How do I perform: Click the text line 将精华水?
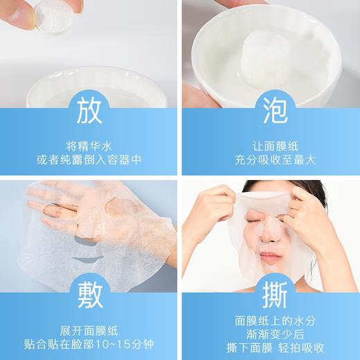tap(89, 146)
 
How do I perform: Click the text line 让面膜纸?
tap(271, 146)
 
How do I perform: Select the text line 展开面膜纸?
tap(89, 325)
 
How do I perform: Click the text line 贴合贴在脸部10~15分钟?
tap(89, 340)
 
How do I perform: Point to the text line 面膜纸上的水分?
tap(271, 321)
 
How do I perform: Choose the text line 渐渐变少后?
tap(271, 334)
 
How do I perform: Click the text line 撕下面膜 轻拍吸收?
tap(271, 346)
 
